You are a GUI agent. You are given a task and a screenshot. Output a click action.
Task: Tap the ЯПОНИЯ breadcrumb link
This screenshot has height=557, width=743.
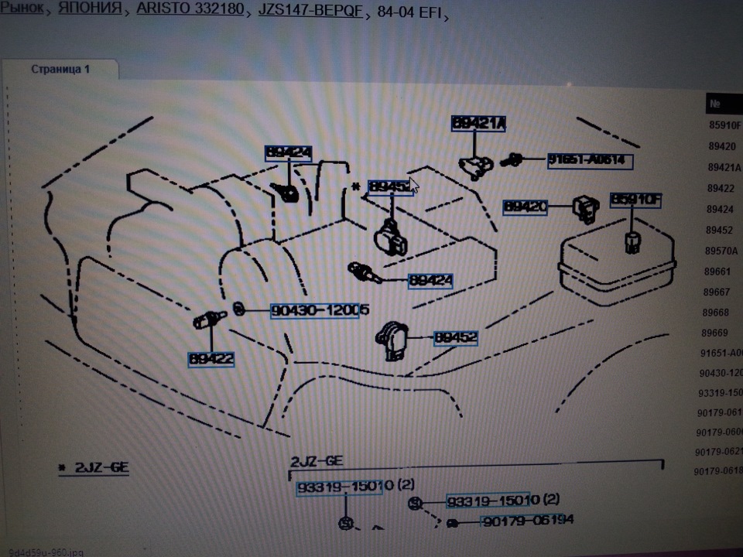(91, 10)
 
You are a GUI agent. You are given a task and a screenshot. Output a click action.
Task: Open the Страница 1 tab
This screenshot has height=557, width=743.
(60, 70)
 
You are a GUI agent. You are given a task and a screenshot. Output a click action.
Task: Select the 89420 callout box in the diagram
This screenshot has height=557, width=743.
(526, 207)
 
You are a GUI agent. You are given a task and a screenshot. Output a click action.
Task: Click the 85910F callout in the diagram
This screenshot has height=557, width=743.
(636, 200)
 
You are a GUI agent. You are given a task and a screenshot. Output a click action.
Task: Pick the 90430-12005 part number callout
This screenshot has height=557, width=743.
(319, 311)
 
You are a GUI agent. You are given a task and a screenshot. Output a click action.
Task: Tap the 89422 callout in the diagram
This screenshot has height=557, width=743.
(211, 359)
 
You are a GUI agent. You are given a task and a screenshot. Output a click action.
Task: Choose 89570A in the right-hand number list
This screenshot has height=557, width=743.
(721, 251)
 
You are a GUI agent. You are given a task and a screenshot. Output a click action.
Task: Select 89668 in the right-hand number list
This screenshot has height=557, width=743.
(716, 313)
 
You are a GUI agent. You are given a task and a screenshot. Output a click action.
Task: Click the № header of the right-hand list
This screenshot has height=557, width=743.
(716, 103)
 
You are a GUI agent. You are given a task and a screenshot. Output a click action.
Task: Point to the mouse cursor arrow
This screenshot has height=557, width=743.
(414, 184)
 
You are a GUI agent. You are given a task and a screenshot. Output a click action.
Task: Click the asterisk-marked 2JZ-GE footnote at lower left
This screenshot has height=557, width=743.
(93, 468)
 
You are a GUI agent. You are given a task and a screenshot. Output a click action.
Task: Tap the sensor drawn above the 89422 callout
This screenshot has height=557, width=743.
(207, 320)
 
